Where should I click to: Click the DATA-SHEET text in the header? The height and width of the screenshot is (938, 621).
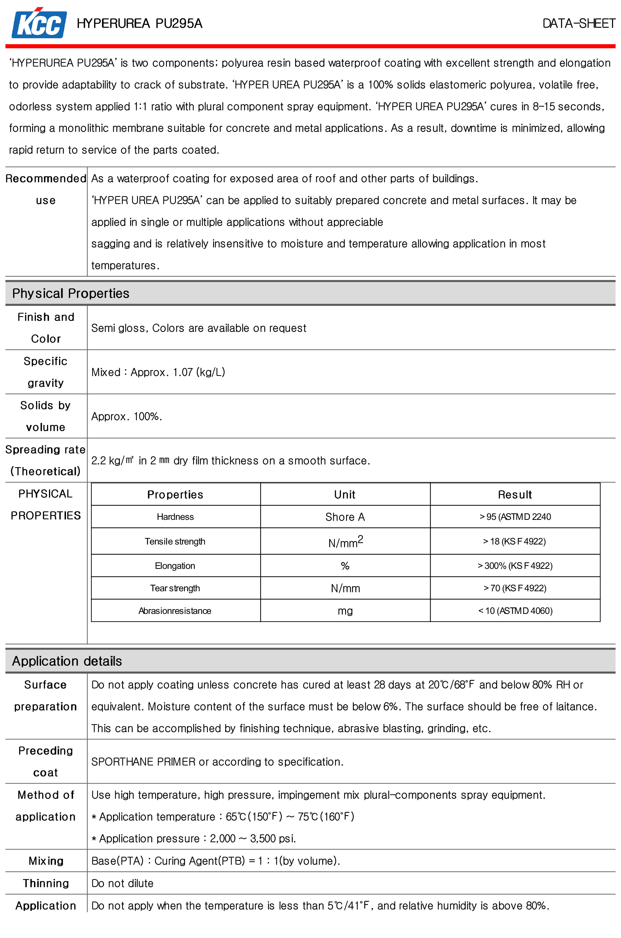click(578, 24)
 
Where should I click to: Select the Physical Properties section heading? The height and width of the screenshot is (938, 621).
click(71, 293)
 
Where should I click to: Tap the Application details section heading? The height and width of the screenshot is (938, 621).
click(67, 661)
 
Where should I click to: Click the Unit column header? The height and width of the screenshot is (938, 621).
click(345, 494)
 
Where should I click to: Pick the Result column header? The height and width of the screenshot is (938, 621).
click(515, 494)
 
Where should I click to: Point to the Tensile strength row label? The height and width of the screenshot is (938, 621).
click(175, 541)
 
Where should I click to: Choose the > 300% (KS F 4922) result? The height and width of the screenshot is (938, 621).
click(515, 566)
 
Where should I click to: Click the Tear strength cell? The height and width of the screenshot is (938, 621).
click(175, 588)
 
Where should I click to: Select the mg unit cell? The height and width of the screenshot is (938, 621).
click(345, 611)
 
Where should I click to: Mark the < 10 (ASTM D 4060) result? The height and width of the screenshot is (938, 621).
click(515, 611)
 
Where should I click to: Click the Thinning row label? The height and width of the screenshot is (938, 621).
click(46, 883)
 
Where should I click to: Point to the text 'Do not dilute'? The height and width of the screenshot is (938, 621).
click(122, 883)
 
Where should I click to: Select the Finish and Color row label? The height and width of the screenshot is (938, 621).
click(46, 327)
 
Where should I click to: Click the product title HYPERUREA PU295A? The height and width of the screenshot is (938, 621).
click(139, 24)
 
